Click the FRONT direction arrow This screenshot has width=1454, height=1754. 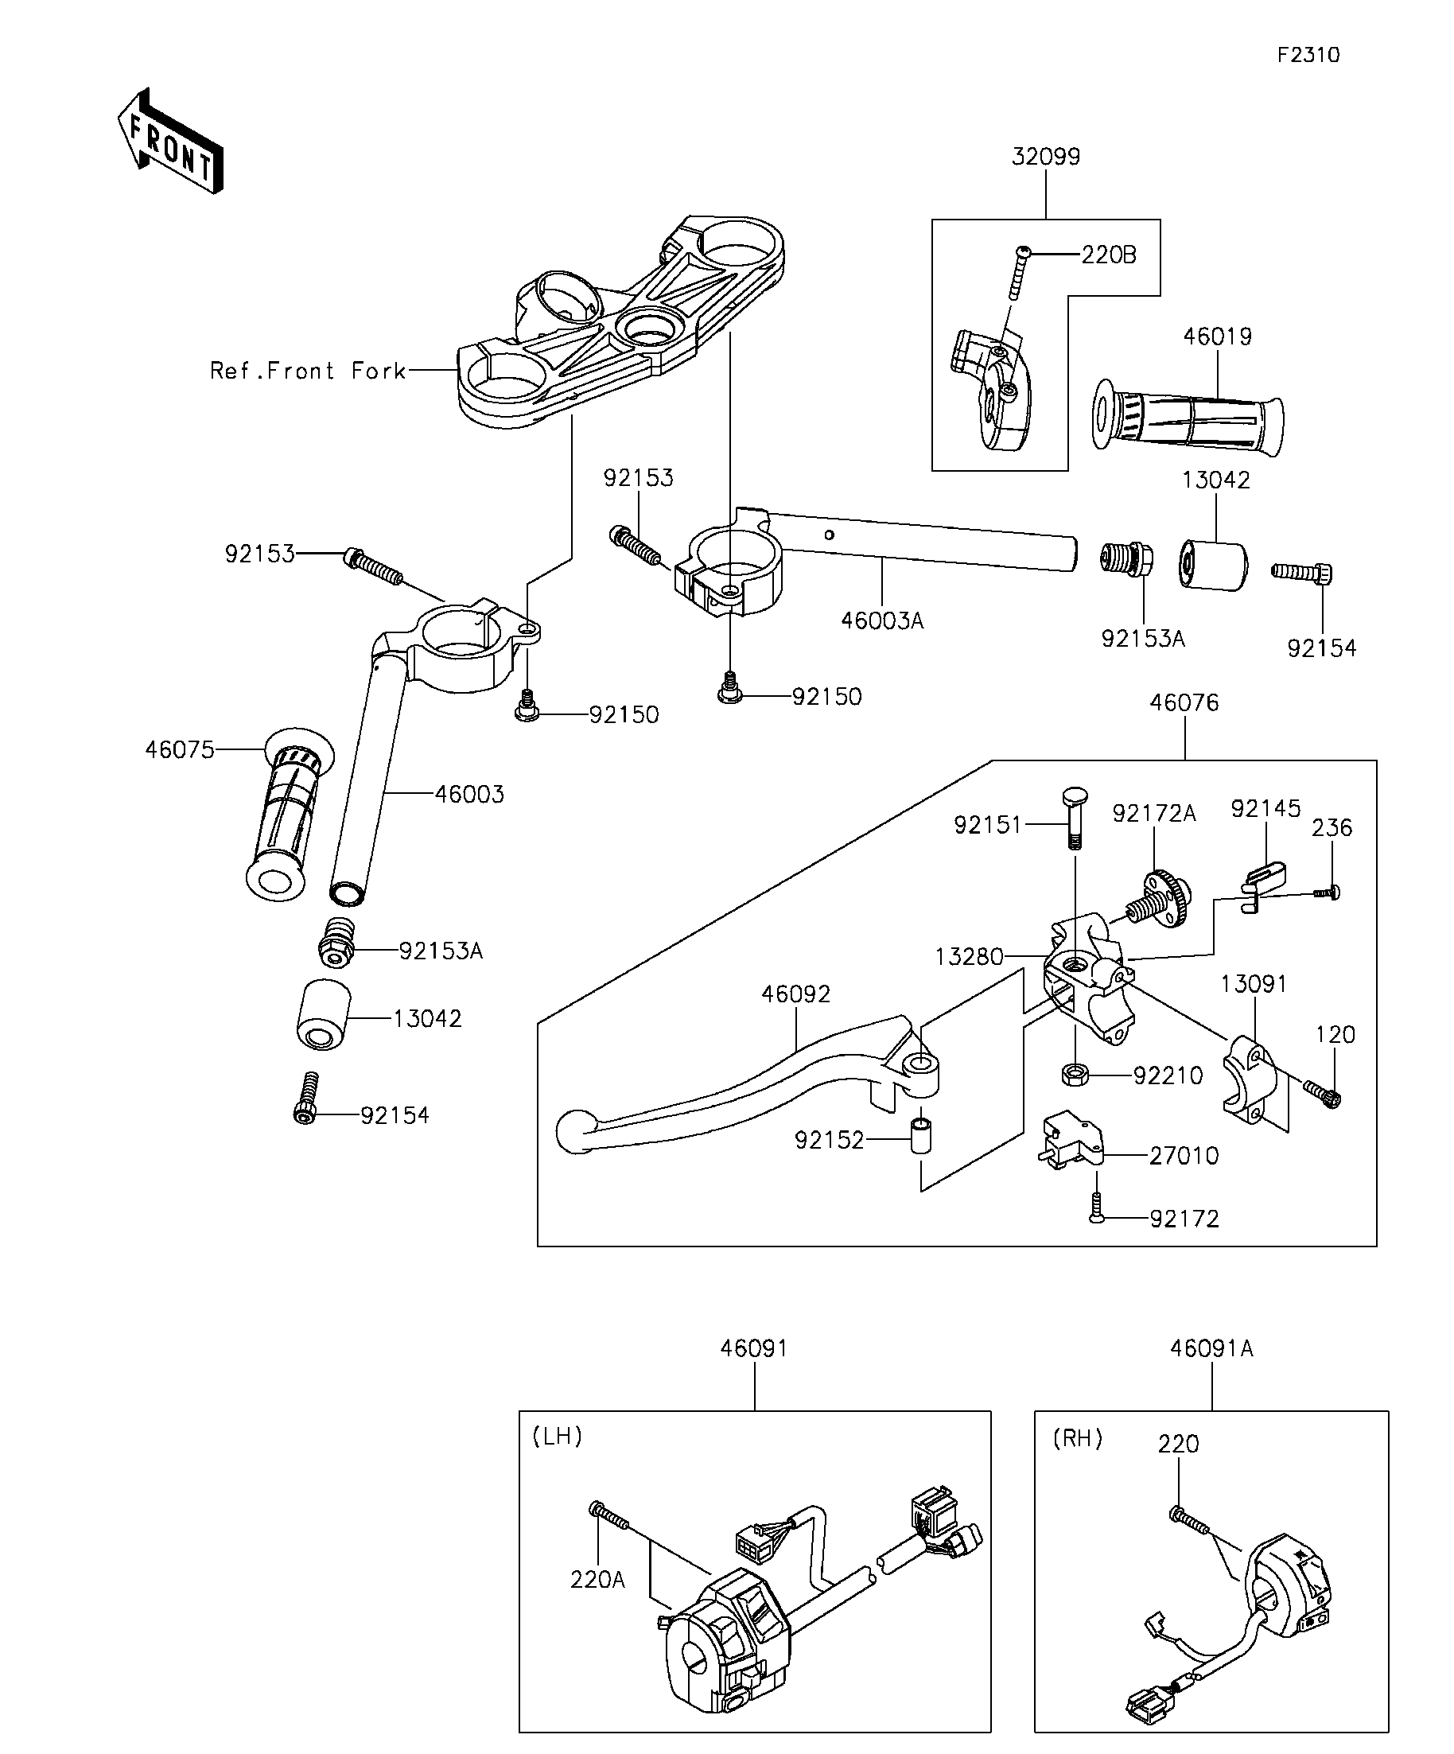click(170, 141)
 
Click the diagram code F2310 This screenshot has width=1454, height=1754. click(1308, 55)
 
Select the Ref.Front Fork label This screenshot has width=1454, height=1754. click(308, 371)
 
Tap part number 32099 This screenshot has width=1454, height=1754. click(1046, 156)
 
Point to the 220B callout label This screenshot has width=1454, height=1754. click(1109, 255)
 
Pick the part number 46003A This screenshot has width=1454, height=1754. click(882, 620)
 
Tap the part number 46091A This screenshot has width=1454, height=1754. click(1211, 1348)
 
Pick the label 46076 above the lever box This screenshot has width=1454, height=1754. click(1184, 702)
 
